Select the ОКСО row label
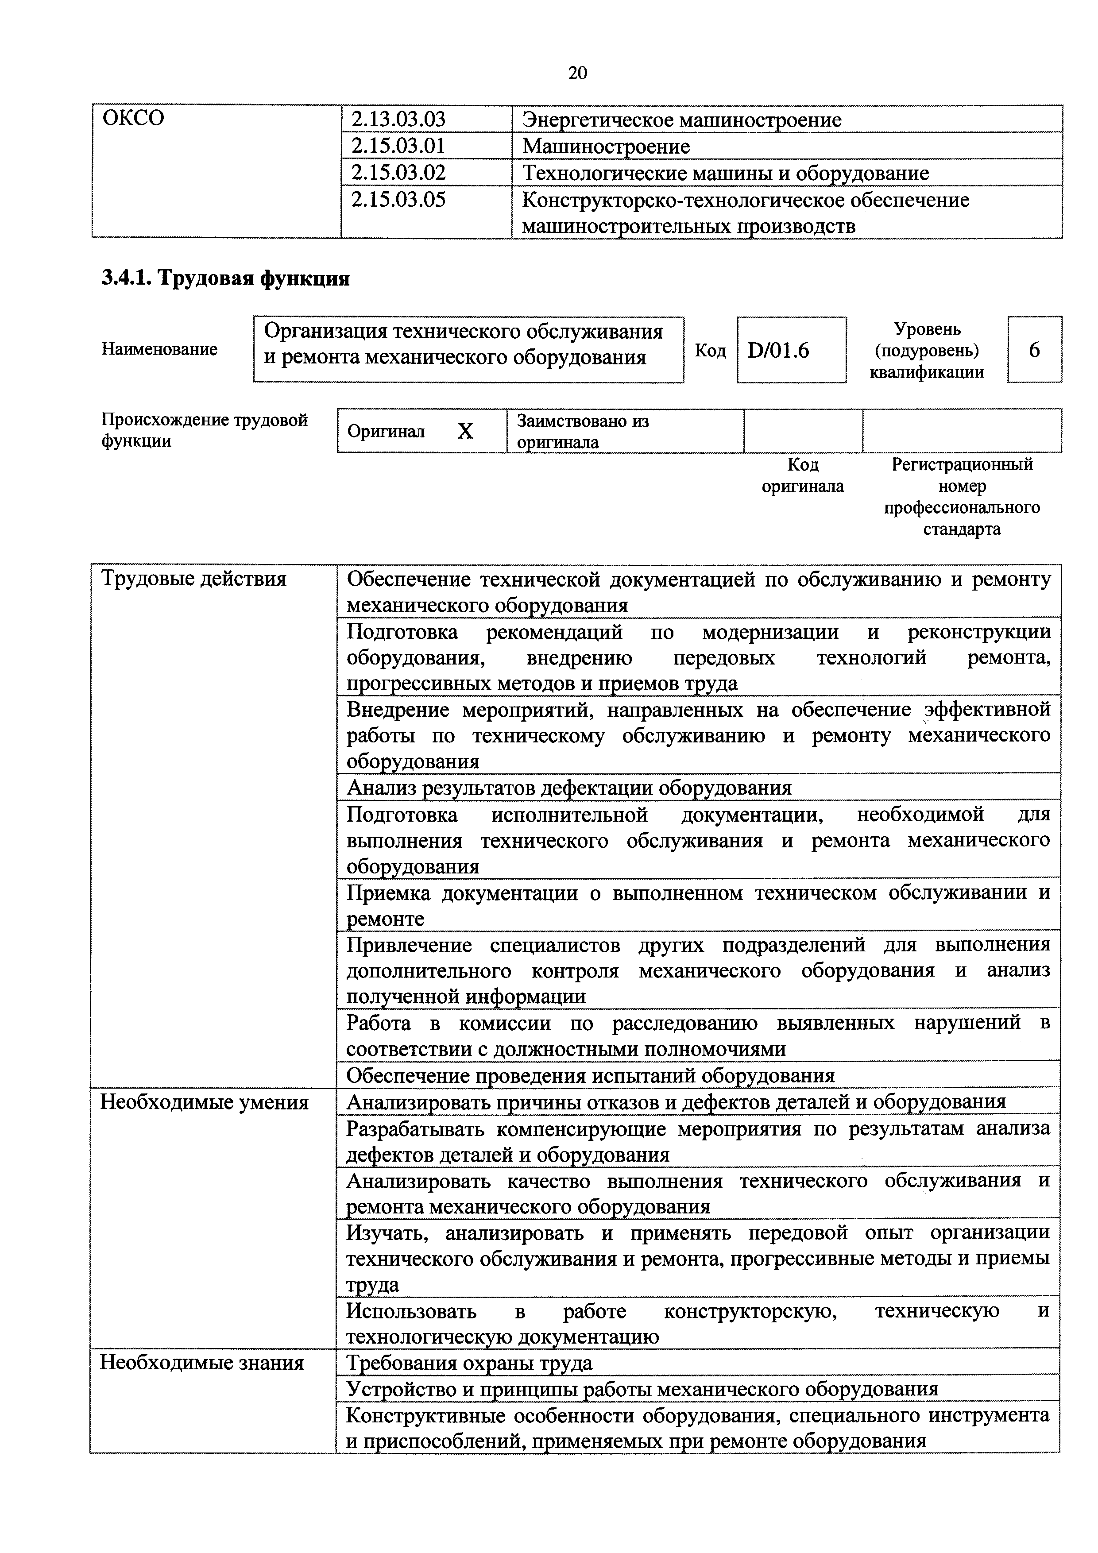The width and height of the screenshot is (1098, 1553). (133, 118)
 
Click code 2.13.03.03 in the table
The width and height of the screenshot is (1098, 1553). (398, 120)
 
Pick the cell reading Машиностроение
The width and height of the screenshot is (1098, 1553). (606, 146)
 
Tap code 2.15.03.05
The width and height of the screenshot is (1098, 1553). (398, 200)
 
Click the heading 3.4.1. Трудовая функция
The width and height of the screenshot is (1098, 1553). (225, 278)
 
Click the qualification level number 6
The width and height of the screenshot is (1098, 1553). (1034, 350)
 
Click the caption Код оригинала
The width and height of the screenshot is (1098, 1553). (803, 475)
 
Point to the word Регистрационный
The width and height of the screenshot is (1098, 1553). (962, 465)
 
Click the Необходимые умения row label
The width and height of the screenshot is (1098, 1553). (204, 1102)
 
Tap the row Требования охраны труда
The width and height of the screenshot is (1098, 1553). (469, 1363)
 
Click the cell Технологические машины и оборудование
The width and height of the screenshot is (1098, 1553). (725, 173)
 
